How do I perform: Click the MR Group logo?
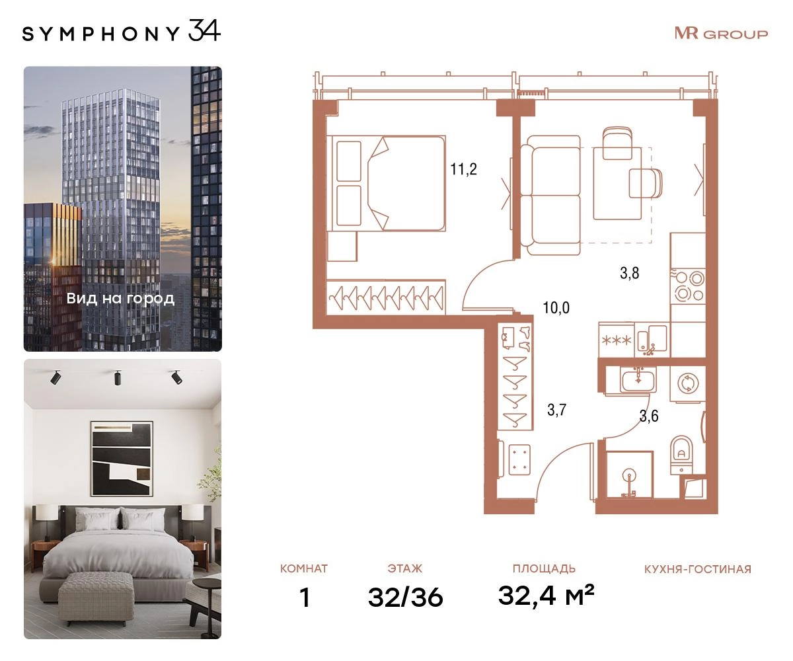coord(721,34)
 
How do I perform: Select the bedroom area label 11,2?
coord(463,169)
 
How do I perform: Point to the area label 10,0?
coord(556,307)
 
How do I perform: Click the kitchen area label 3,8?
coord(629,273)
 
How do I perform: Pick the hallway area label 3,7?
coord(556,410)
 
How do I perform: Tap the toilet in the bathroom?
coord(681,455)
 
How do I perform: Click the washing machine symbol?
coord(687,383)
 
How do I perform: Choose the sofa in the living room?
coord(550,195)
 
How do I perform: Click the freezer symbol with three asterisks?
coord(617,340)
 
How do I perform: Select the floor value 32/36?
coord(405,597)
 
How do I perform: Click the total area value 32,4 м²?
coord(546,596)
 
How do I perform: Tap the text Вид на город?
coord(120,299)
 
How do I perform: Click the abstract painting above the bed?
coord(122,459)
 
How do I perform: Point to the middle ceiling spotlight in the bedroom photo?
coord(118,377)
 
